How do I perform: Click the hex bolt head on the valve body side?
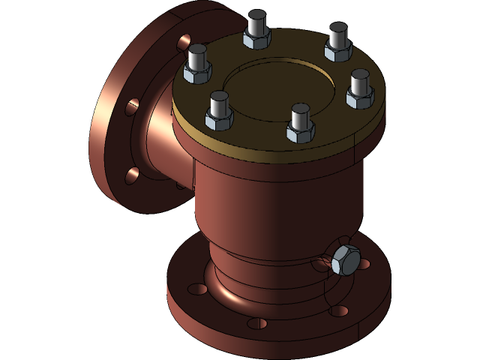coord(345,260)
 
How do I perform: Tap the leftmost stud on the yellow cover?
coord(198,63)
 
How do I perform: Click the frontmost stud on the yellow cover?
coord(300,122)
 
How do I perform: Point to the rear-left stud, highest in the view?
coord(256,28)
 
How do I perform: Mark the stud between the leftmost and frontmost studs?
coord(219,109)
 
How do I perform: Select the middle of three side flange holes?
coord(132,106)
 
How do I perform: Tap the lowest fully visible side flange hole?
coord(132,175)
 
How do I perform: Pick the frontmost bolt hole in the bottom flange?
coord(256,323)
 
